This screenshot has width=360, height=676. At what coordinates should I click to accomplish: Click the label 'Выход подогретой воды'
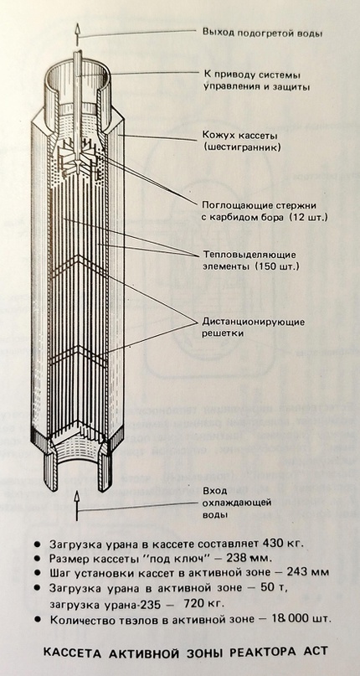(262, 33)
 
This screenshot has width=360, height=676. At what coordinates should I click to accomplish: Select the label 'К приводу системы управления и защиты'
(257, 80)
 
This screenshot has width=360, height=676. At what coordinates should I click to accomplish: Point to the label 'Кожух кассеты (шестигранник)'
(242, 142)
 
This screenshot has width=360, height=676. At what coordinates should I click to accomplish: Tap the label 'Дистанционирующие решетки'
(254, 328)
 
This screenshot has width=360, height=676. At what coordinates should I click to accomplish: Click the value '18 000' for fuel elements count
(275, 619)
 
